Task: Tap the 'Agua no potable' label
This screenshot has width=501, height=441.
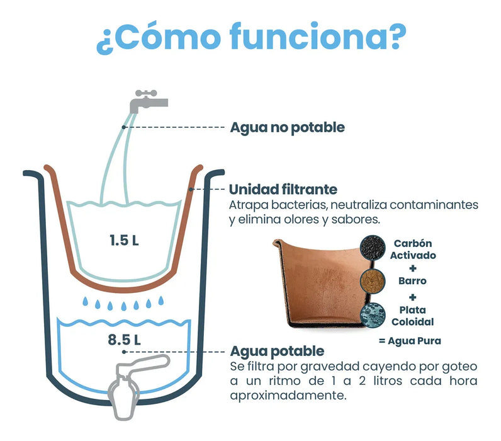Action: [287, 127]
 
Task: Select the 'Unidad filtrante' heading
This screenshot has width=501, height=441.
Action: [283, 190]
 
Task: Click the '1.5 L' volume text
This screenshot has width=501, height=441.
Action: [124, 241]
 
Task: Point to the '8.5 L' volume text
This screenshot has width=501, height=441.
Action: [124, 340]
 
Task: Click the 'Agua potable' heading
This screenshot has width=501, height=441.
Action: [277, 351]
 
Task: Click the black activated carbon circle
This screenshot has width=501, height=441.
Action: [373, 248]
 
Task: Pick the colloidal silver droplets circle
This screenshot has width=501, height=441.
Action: [373, 316]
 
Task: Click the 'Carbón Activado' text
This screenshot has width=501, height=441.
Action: [413, 249]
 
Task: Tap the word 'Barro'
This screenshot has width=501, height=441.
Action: [412, 281]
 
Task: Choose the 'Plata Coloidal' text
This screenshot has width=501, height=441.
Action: [413, 316]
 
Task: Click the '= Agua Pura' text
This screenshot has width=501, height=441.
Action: [410, 341]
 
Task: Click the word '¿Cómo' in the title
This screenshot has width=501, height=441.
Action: [159, 37]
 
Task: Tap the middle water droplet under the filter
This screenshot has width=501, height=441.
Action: [123, 306]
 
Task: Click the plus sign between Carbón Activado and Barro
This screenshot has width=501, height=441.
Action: [413, 268]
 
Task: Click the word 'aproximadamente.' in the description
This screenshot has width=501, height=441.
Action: [288, 396]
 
